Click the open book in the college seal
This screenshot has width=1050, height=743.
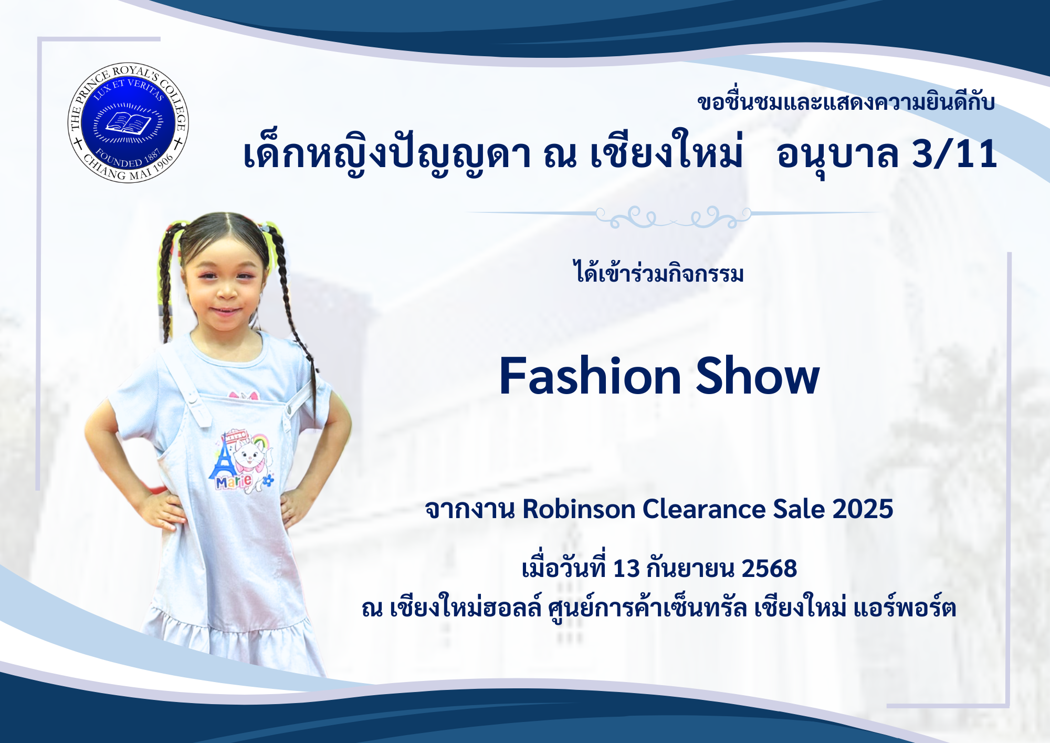(128, 123)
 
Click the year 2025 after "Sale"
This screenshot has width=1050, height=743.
(863, 509)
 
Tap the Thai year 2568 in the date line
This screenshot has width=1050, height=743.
(769, 569)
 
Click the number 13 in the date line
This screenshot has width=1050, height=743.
(626, 569)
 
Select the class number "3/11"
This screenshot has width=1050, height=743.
(954, 154)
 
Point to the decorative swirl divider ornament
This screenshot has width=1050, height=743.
(674, 216)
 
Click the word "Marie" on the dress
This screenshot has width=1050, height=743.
(234, 481)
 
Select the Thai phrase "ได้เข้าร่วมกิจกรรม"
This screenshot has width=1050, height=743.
(659, 272)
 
